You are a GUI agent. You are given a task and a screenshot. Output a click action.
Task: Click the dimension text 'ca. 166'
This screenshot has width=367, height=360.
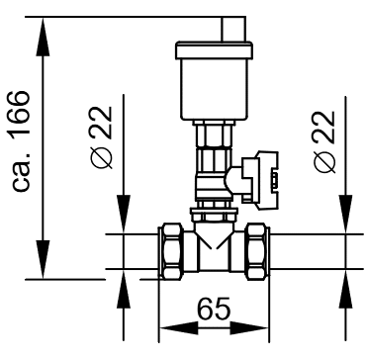tap(21, 140)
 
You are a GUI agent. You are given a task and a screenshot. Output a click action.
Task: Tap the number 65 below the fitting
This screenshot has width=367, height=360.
tap(214, 309)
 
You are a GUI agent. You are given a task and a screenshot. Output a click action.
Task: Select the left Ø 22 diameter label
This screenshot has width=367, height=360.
tap(100, 137)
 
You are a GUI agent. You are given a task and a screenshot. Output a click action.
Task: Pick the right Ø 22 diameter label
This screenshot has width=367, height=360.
tap(324, 141)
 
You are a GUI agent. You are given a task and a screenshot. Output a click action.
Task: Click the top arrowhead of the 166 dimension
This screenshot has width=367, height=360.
tap(43, 37)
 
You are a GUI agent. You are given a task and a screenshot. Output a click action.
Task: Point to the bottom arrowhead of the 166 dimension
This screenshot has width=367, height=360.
tap(43, 259)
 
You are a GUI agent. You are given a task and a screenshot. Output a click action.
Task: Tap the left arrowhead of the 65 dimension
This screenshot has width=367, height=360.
tap(178, 328)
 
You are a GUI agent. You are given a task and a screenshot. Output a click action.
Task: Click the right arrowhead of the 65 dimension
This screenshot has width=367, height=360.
tap(249, 328)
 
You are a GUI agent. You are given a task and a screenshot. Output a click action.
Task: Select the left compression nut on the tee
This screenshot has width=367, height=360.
tap(170, 251)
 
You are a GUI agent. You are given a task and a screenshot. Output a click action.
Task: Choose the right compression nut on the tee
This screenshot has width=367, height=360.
tap(257, 251)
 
